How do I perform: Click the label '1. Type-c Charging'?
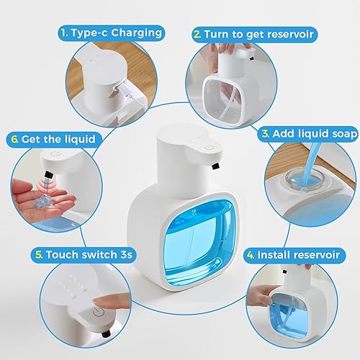(x=111, y=32)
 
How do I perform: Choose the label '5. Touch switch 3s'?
(x=74, y=255)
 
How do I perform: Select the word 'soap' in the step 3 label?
(x=330, y=133)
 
